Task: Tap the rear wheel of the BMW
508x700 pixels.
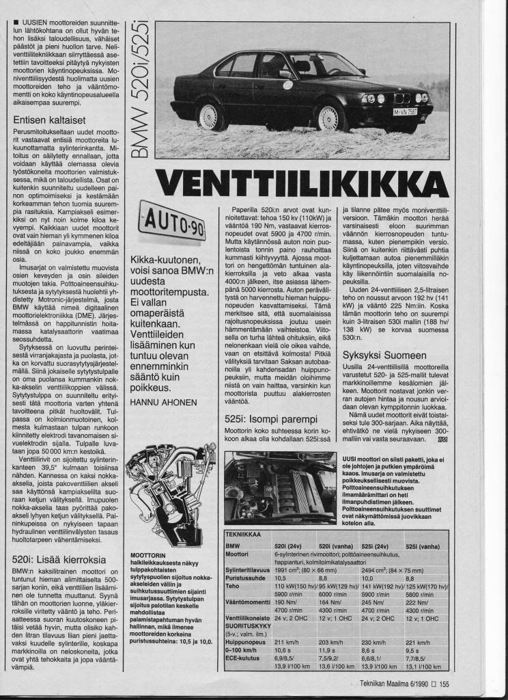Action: pos(210,117)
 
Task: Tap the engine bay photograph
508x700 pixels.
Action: pos(280,486)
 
